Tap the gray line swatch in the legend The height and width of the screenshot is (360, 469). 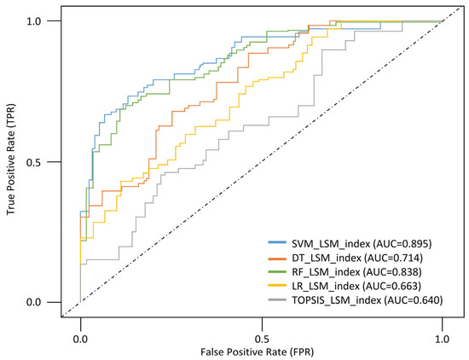point(280,300)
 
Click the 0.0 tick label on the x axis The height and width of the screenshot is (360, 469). point(80,337)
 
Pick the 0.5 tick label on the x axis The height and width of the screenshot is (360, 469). point(262,337)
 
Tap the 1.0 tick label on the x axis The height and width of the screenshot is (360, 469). point(442,337)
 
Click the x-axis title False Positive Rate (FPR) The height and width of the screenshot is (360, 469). point(261,352)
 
